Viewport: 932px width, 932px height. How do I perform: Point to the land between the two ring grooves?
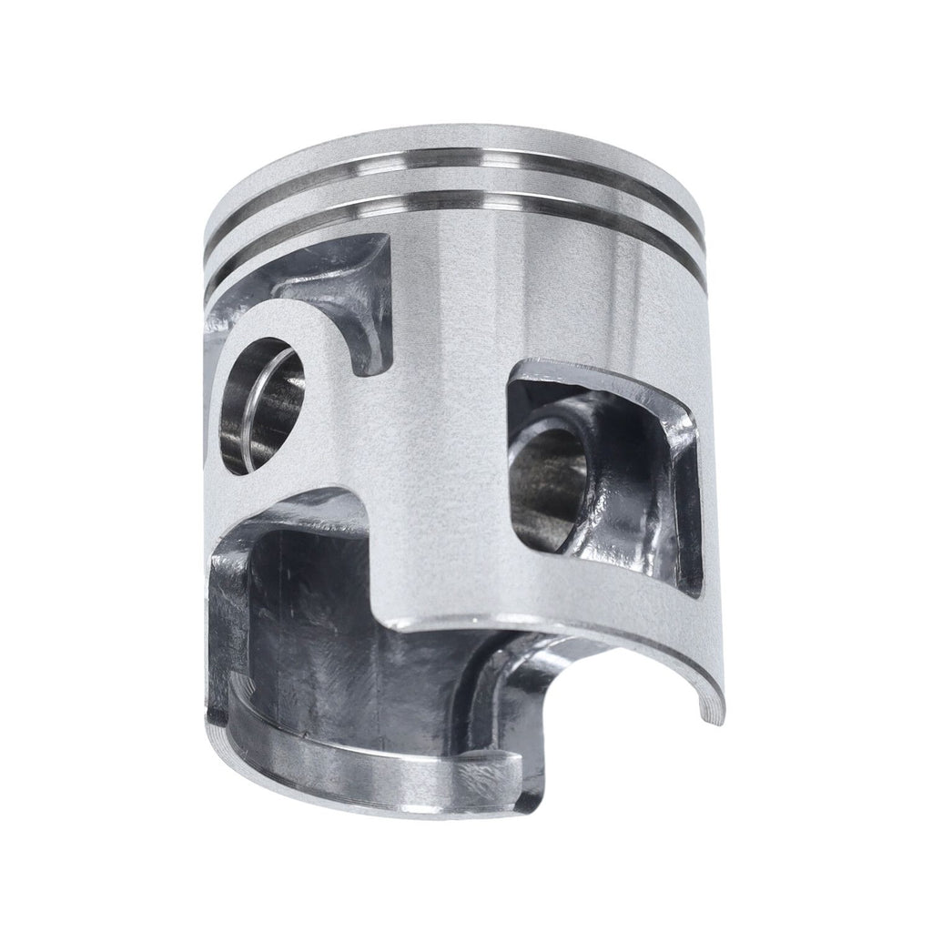[x=455, y=191]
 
